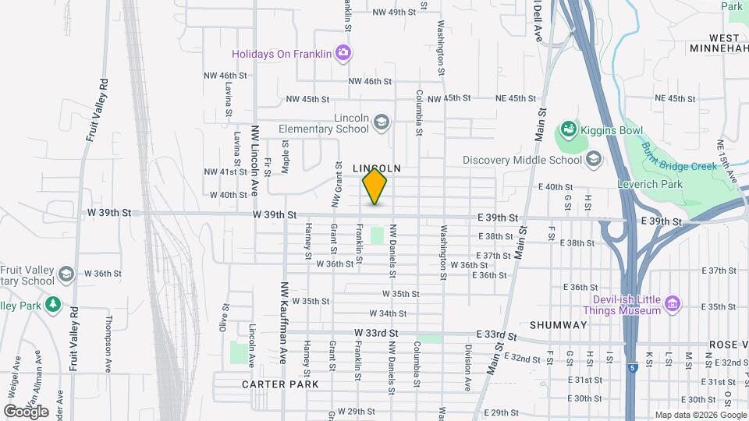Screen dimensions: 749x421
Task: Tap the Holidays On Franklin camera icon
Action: pos(343,53)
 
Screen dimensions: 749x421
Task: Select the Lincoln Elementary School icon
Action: pos(381,122)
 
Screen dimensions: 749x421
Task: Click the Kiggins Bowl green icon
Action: pos(569,129)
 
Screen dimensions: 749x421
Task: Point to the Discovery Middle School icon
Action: pos(594,160)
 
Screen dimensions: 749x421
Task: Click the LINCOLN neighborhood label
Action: pos(376,168)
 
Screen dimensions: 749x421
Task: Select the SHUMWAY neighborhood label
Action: pos(558,324)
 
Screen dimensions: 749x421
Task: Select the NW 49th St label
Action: pos(393,12)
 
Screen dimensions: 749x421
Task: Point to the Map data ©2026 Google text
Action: pos(700,415)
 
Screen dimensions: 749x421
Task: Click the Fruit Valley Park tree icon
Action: pos(53,305)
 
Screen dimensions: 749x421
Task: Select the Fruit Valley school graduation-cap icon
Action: pos(68,274)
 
